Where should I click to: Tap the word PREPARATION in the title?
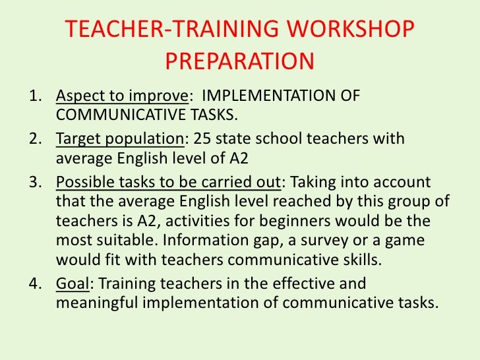point(239,61)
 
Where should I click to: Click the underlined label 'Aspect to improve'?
point(122,96)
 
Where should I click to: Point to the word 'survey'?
point(335,239)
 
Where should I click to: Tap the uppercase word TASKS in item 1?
point(212,116)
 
